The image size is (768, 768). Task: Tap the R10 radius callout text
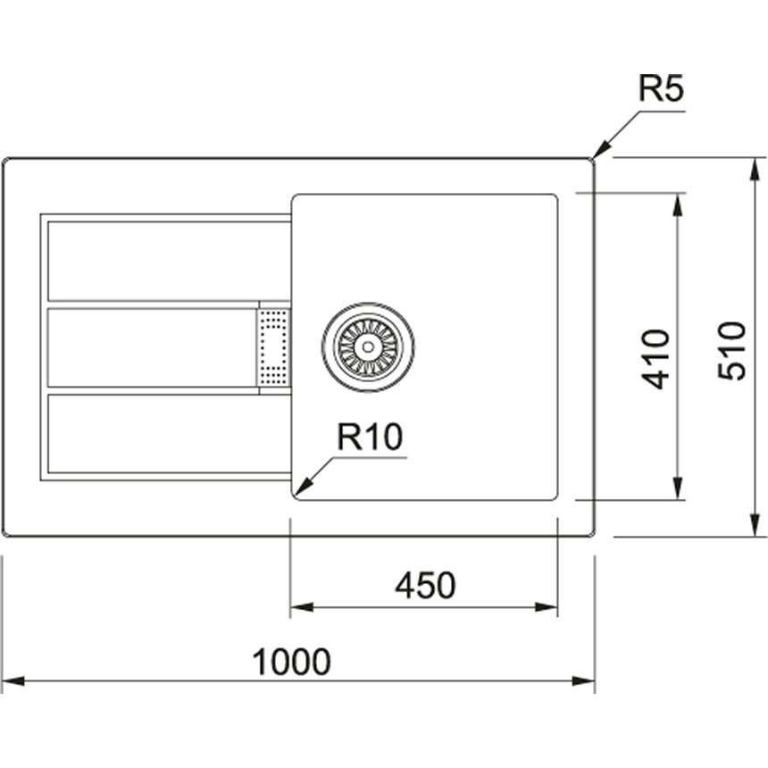(370, 438)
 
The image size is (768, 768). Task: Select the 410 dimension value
(656, 358)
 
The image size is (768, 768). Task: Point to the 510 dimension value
(732, 350)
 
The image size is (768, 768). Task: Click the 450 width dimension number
(425, 586)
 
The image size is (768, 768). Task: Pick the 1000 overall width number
(291, 663)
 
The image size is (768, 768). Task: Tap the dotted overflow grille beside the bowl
(273, 347)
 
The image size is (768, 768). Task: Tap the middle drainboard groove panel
(152, 347)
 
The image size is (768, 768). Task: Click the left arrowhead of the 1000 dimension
(10, 682)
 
